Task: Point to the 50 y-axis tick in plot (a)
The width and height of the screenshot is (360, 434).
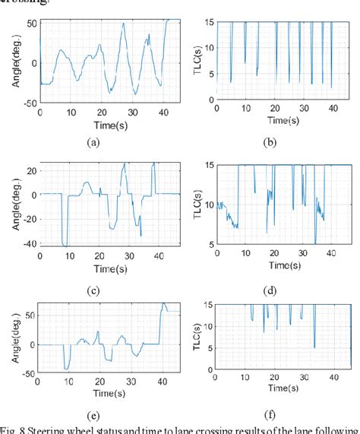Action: click(32, 23)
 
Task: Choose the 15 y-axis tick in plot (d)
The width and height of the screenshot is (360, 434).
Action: click(208, 165)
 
